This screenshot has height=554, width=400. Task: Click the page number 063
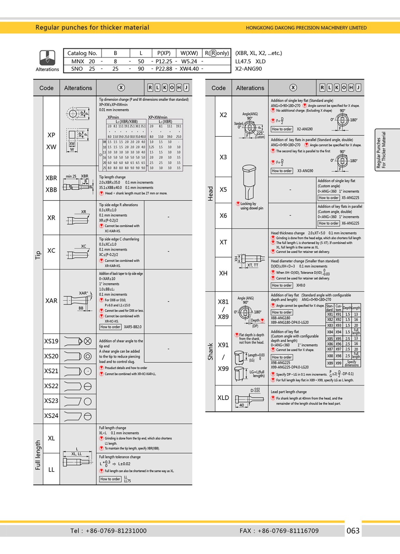[353, 530]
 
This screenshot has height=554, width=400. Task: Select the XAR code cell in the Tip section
[51, 301]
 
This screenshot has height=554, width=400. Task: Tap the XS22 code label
[51, 386]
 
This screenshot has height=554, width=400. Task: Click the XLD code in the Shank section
[223, 398]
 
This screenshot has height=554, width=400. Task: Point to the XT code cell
[223, 242]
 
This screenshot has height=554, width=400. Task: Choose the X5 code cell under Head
[223, 190]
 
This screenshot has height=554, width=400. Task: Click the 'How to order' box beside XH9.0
[282, 285]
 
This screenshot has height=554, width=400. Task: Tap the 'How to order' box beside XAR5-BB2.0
[110, 327]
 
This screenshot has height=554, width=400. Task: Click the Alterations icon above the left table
[47, 57]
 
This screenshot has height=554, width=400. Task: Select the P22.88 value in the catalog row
[164, 69]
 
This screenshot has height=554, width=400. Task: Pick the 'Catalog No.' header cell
[82, 53]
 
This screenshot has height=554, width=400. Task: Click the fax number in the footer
[279, 531]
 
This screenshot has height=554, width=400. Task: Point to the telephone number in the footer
[108, 531]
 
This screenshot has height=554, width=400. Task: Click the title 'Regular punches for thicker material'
[92, 28]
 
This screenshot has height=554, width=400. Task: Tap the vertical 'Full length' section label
[38, 455]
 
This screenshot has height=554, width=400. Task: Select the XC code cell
[51, 251]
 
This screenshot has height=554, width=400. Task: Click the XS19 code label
[51, 341]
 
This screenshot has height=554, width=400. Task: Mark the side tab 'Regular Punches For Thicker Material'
[381, 150]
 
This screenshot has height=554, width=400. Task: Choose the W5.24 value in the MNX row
[189, 61]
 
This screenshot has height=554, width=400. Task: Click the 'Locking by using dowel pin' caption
[251, 206]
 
